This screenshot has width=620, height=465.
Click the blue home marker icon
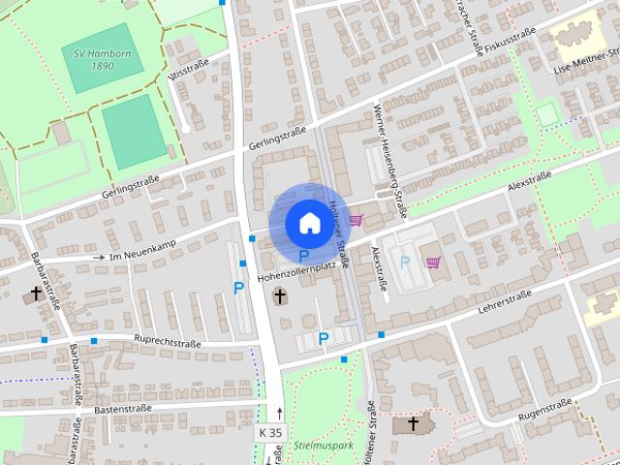click(308, 223)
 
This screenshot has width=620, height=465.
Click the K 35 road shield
click(271, 432)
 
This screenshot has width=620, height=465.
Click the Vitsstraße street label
click(189, 70)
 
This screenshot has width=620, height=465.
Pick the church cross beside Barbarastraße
click(37, 292)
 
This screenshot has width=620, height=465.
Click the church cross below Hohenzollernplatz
click(280, 294)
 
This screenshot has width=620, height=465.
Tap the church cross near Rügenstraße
click(414, 423)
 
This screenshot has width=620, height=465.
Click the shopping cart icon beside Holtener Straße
click(356, 220)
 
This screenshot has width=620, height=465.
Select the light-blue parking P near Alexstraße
click(405, 262)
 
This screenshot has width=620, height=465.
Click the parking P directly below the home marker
click(303, 256)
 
